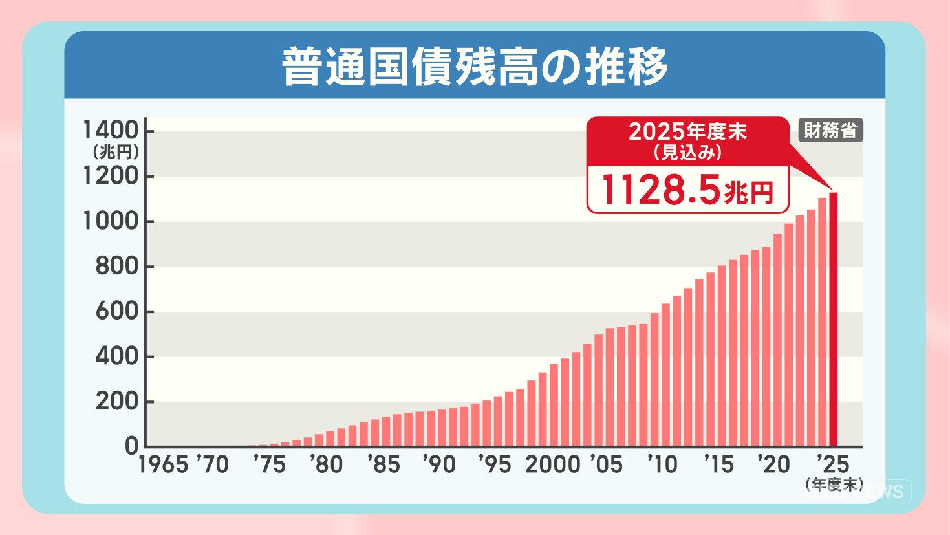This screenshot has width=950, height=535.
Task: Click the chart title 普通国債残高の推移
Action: [x=475, y=67]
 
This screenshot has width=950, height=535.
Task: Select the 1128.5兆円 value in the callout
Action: [x=687, y=190]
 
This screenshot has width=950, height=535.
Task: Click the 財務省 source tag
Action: [x=830, y=131]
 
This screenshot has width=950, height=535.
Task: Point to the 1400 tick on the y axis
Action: [x=111, y=131]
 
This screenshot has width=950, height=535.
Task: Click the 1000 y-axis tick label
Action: [x=111, y=221]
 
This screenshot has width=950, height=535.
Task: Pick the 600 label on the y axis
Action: [x=116, y=312]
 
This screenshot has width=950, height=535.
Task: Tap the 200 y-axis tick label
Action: [x=116, y=402]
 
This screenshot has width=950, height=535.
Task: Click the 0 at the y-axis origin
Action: [x=131, y=446]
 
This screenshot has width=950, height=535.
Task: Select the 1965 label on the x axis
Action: [x=163, y=464]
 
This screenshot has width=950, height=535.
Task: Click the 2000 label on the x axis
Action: [x=552, y=464]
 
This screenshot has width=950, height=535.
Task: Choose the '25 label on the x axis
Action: [x=833, y=464]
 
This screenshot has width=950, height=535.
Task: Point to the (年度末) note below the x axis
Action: [x=834, y=485]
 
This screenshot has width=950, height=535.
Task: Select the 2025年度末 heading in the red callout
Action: [x=687, y=132]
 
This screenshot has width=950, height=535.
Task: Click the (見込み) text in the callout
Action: [x=687, y=153]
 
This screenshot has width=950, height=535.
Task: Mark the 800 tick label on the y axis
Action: [x=116, y=267]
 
